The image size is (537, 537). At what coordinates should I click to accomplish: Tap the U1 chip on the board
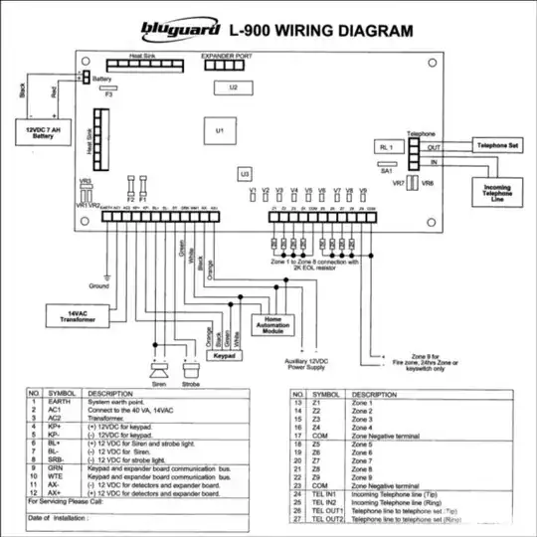click(x=219, y=130)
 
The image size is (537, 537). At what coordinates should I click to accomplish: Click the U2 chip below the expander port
click(x=233, y=88)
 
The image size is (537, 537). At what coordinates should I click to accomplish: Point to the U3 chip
click(x=244, y=174)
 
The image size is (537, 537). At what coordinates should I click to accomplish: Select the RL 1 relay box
click(x=389, y=146)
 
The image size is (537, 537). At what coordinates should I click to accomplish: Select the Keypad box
click(x=230, y=353)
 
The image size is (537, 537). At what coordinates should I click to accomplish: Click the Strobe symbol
click(x=192, y=366)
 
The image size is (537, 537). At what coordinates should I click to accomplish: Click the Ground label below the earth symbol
click(x=98, y=286)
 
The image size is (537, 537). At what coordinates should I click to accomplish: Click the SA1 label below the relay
click(x=387, y=170)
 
